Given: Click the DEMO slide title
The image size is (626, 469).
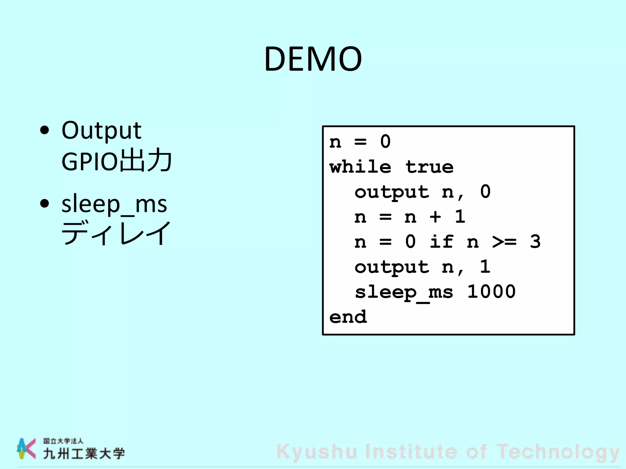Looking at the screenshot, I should [x=313, y=59].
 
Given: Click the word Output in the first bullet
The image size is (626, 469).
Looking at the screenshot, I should [x=101, y=131].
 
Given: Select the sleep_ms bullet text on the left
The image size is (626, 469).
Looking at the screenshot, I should [x=114, y=204].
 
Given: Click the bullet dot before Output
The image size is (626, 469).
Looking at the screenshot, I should [x=45, y=130].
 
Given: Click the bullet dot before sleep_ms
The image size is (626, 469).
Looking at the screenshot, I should [x=45, y=203].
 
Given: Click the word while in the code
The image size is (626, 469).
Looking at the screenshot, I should [x=360, y=167].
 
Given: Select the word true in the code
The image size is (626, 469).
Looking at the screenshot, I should [x=429, y=167].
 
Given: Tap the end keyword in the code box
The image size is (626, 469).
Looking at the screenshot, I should [x=348, y=317].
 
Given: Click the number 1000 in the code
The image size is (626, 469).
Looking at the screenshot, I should [x=492, y=292].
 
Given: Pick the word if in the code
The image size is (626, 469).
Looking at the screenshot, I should [x=442, y=242].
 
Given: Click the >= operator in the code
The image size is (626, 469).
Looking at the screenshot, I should [x=504, y=242].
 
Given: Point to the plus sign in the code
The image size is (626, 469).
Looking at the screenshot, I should [x=435, y=217].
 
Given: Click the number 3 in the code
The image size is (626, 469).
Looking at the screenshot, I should [x=535, y=242].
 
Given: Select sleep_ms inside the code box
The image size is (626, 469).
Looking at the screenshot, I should [x=404, y=292].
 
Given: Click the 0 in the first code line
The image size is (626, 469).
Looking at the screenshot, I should [x=385, y=142].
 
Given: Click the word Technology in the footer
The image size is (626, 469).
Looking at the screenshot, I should [x=558, y=452].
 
